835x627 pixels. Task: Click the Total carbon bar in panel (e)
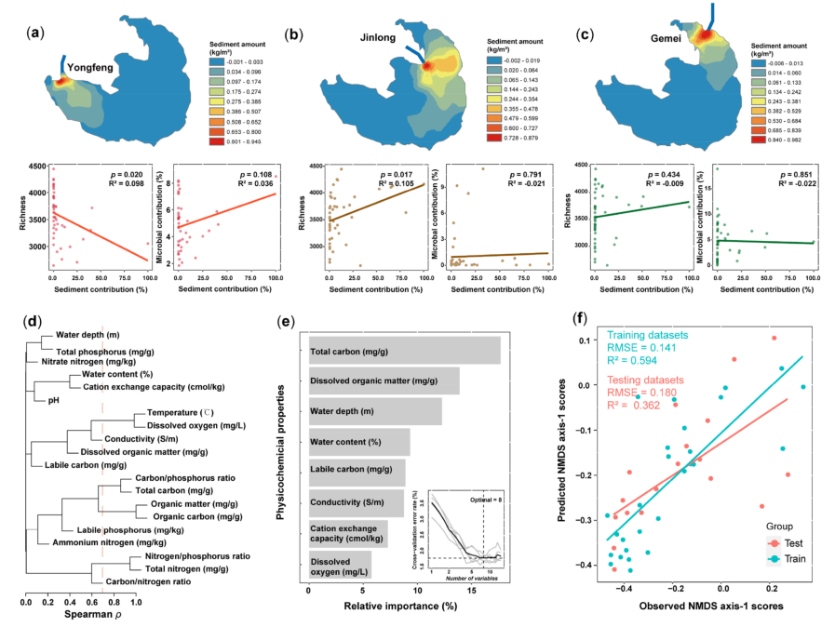click(405, 352)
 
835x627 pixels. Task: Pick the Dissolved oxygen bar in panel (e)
click(340, 564)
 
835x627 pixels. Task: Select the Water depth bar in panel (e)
click(375, 411)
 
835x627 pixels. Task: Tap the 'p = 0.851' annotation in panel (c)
click(801, 174)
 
